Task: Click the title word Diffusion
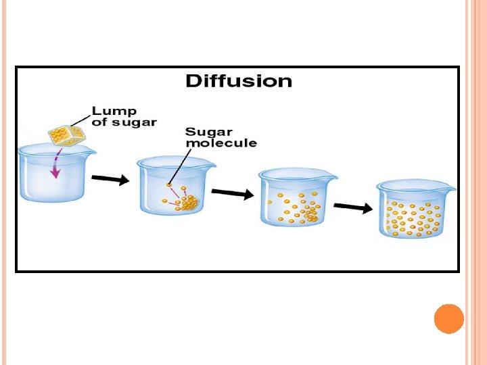point(239,82)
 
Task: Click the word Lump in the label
point(114,110)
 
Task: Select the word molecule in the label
point(221,143)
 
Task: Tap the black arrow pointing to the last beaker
point(353,208)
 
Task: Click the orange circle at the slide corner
point(448,318)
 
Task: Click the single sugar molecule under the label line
point(169,185)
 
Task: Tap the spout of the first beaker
point(92,150)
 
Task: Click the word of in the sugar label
point(99,122)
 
